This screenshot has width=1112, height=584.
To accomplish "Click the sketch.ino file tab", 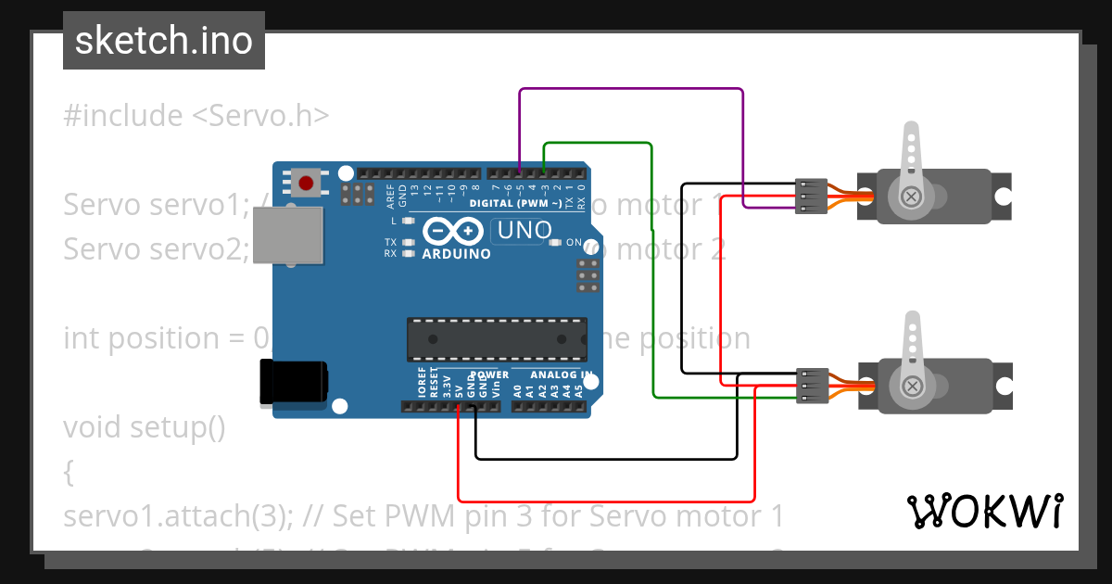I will click(163, 41).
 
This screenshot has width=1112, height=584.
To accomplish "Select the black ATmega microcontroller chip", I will click(497, 338).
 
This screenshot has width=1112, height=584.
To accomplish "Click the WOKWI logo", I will click(984, 511).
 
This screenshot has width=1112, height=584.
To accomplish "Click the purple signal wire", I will click(630, 89).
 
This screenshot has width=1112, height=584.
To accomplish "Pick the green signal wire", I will click(653, 278).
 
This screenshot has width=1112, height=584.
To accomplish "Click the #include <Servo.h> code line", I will click(196, 116).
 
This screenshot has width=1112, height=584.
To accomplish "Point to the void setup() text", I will click(145, 427).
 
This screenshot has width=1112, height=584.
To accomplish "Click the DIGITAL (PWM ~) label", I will click(515, 203).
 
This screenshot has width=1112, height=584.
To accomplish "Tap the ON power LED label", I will click(573, 242).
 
